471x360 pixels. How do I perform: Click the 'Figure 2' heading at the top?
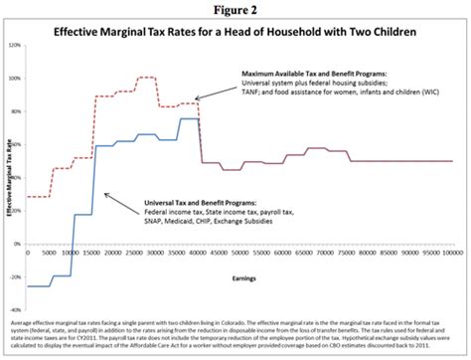tap(235, 8)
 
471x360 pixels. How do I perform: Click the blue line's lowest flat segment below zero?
tap(39, 286)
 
